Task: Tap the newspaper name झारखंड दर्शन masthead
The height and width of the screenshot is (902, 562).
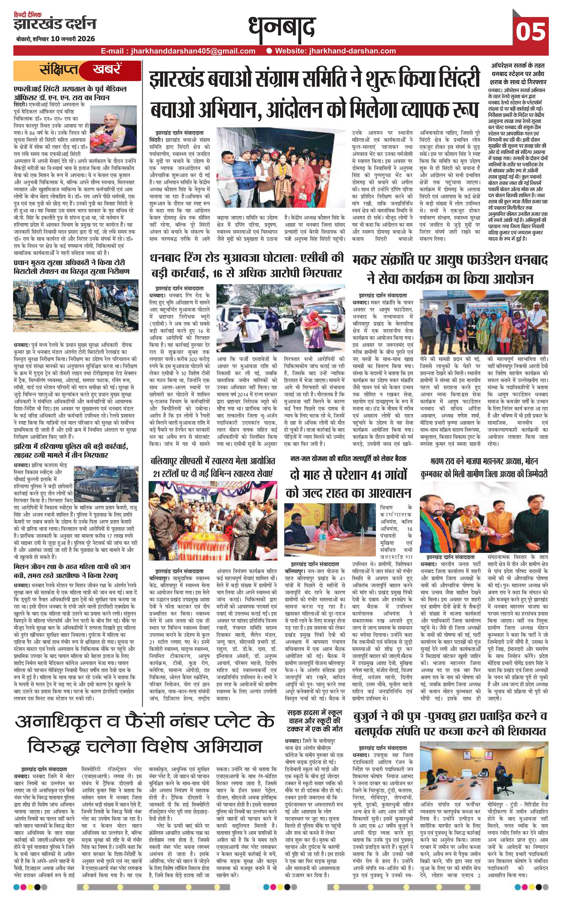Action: click(55, 24)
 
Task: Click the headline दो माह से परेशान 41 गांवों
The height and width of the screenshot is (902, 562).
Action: click(348, 483)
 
